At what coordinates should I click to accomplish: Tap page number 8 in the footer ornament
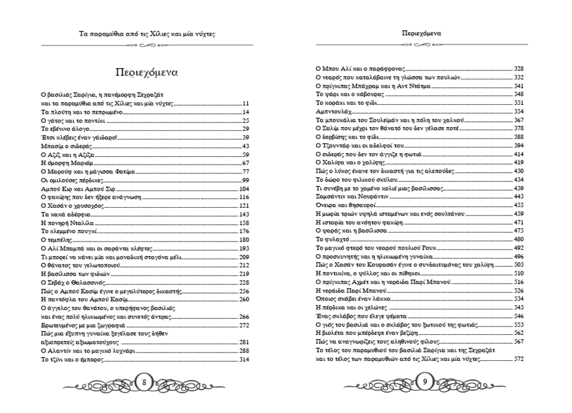tap(145, 382)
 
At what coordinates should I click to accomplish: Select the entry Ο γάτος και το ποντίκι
tap(71, 120)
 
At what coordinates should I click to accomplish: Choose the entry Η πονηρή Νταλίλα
tap(67, 223)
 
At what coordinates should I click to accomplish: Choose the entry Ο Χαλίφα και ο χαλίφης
tap(350, 163)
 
